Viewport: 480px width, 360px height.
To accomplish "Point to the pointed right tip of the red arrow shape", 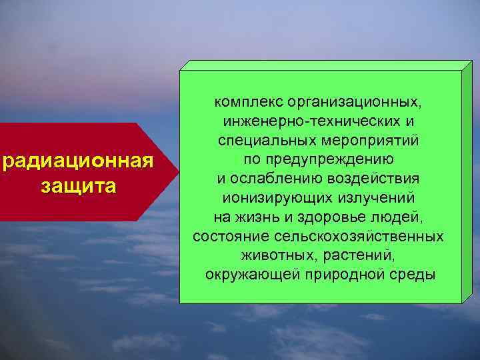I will tap(178, 171).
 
